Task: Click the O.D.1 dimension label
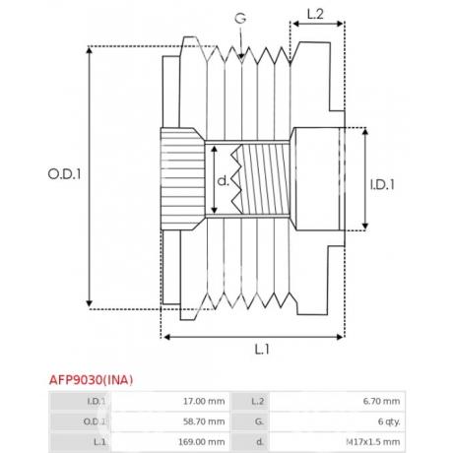[64, 174]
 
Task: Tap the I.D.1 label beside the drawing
[382, 185]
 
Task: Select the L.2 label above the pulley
[315, 14]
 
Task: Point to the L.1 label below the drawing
[262, 350]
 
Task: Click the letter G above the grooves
[240, 19]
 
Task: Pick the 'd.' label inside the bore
[224, 180]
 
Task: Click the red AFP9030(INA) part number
[92, 380]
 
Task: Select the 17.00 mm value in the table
[204, 401]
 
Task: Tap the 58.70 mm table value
[204, 421]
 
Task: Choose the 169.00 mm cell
[202, 442]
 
